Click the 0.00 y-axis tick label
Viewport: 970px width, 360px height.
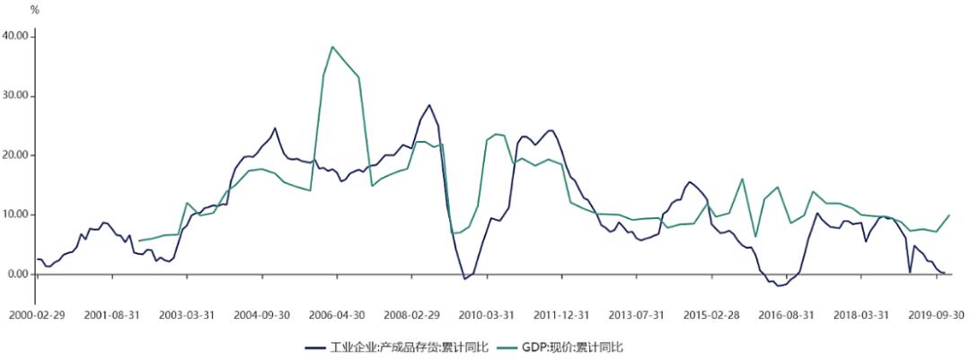19,275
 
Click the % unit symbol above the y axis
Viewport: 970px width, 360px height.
35,10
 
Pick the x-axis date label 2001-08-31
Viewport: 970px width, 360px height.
112,316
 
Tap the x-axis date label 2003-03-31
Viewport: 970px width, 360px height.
187,316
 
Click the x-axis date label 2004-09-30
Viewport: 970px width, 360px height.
261,316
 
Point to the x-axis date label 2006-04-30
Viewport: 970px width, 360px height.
337,316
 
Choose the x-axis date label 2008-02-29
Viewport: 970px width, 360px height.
411,316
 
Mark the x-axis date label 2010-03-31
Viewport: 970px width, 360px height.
486,316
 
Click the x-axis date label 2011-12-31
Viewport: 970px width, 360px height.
561,316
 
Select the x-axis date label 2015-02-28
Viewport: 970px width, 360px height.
711,316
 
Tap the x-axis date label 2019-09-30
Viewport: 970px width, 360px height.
936,316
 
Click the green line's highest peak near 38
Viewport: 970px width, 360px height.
332,47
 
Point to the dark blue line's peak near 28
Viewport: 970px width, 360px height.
429,105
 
